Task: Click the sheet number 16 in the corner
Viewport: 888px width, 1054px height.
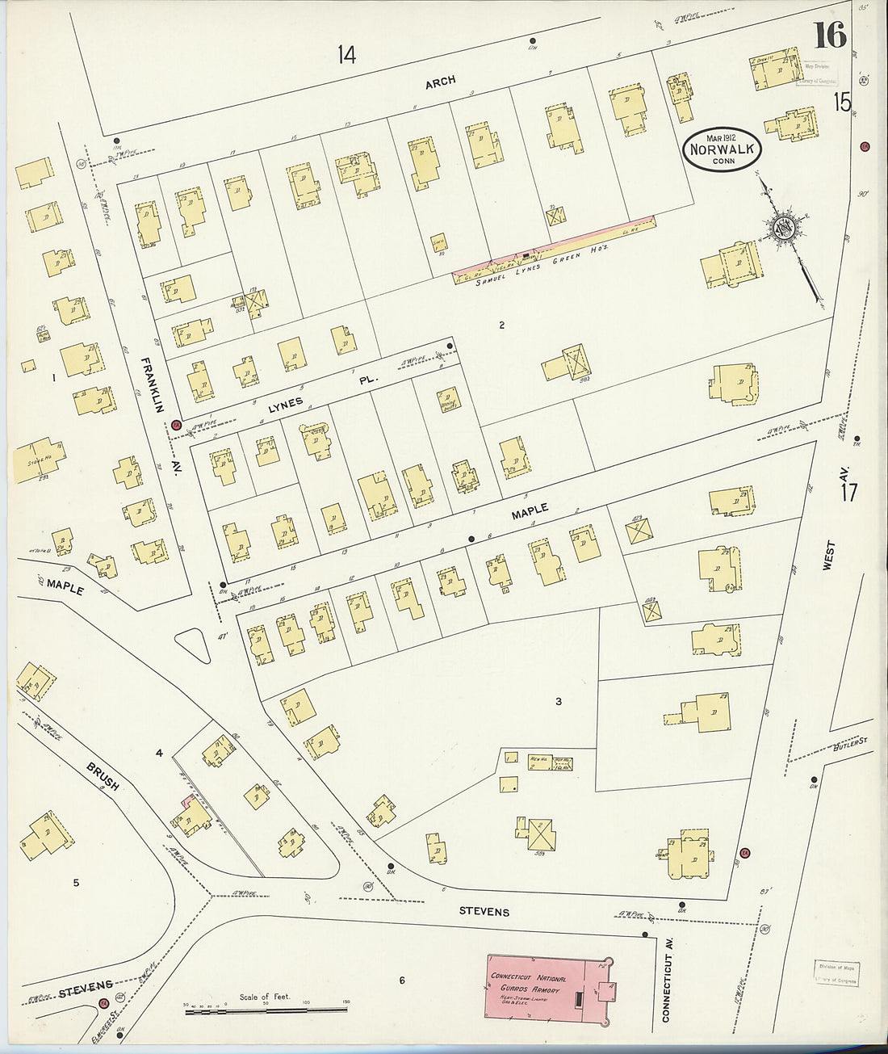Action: pos(829,36)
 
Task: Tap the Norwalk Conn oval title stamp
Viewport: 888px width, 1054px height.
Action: pos(722,149)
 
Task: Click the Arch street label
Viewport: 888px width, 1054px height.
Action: pos(441,81)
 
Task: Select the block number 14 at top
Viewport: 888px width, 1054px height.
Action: pos(346,55)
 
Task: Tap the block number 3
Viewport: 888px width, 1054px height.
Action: pos(558,702)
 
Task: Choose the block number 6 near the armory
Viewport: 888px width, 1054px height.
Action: pos(401,981)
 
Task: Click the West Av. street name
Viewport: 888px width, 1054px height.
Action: pos(829,556)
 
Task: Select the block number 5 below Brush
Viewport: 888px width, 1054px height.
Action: pos(76,883)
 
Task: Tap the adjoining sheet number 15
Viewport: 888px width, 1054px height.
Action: pos(842,102)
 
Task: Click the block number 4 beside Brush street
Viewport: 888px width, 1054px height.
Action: pos(159,753)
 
